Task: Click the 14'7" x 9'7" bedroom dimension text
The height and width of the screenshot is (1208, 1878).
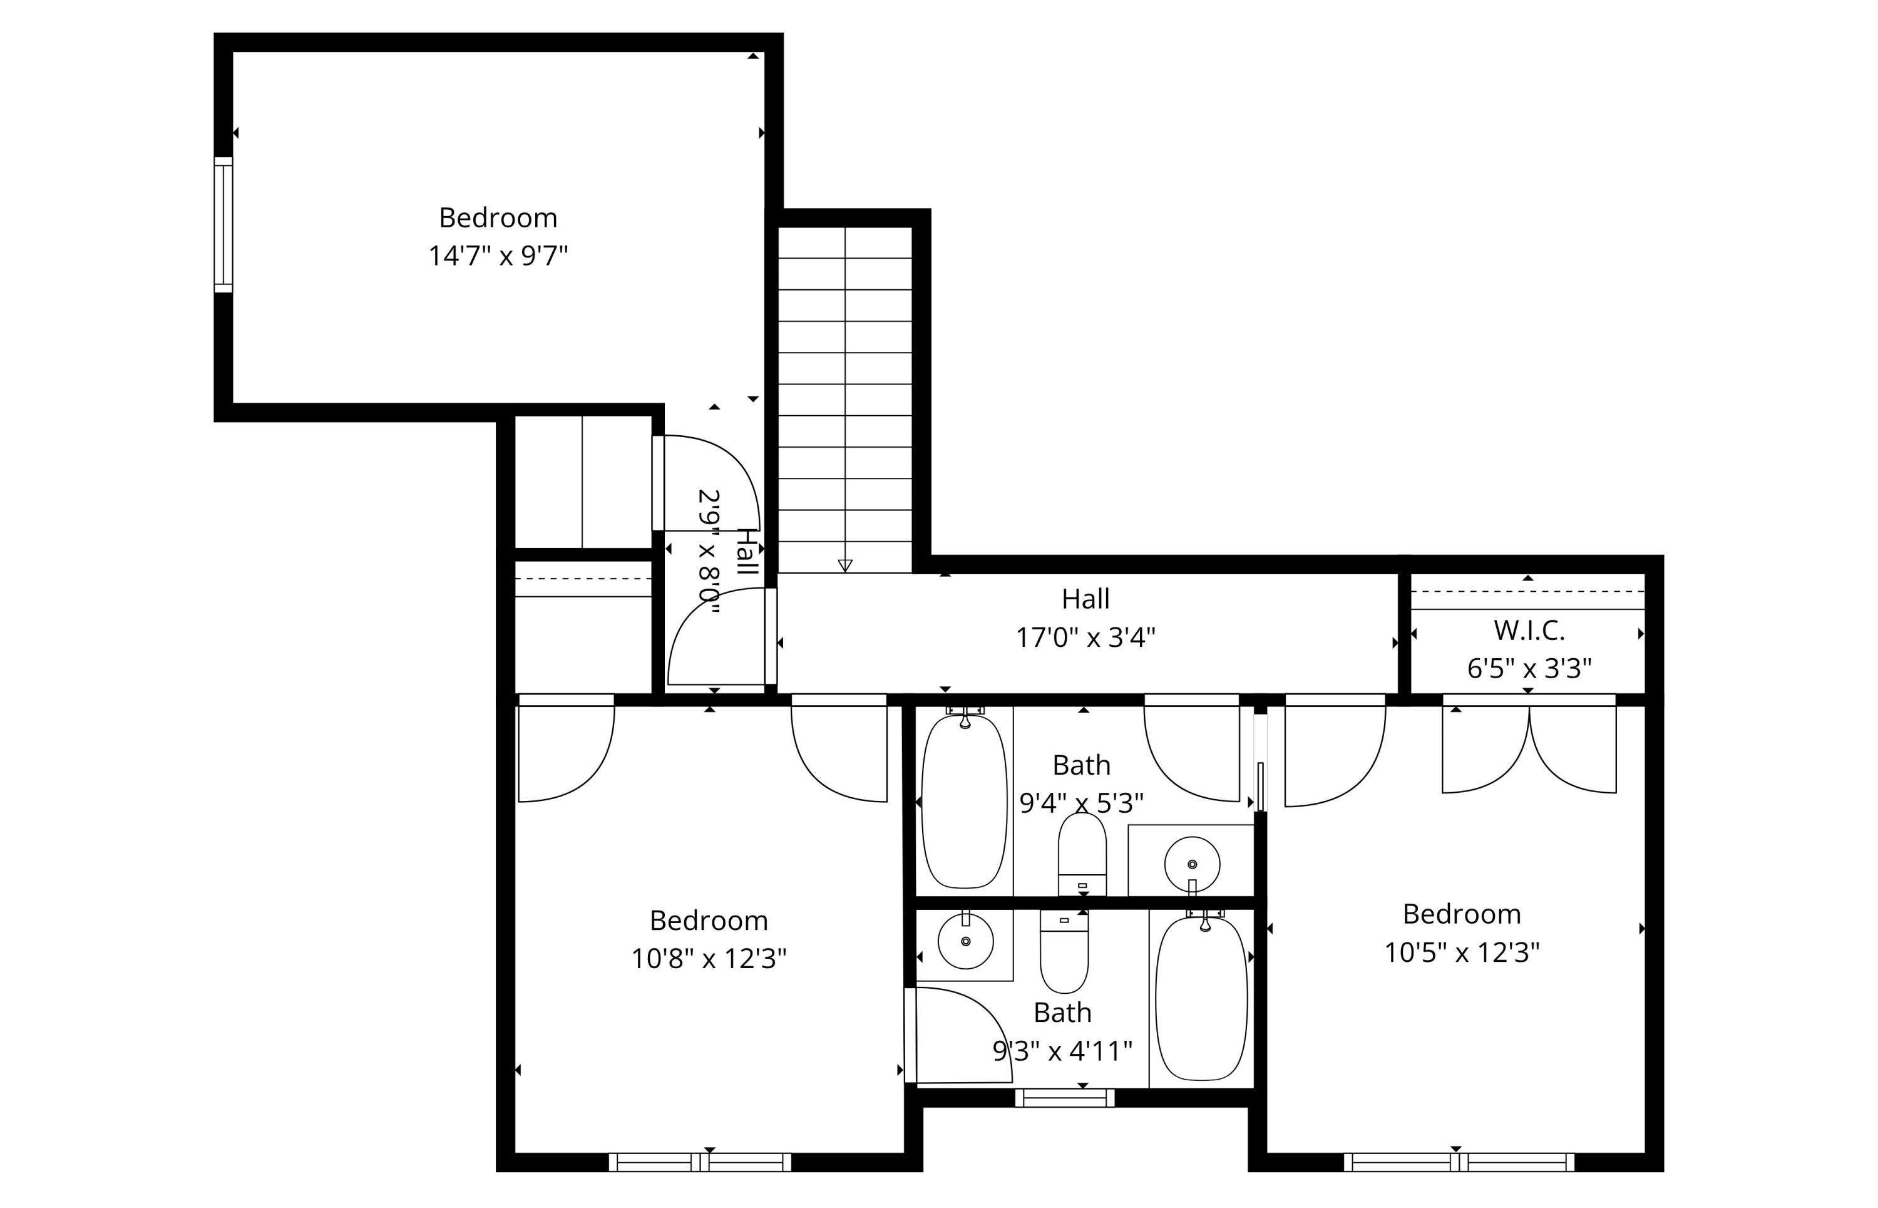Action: pos(497,256)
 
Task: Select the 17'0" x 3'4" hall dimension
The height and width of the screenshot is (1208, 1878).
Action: pos(1085,637)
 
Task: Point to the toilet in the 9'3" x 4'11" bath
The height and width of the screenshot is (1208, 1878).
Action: pos(1064,951)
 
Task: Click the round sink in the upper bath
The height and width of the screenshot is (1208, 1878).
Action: pos(1192,864)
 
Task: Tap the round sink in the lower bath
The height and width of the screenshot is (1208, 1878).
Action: pos(965,941)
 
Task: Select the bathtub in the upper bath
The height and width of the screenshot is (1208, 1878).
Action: pos(963,801)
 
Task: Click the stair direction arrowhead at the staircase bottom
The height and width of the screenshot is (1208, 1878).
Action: pos(844,565)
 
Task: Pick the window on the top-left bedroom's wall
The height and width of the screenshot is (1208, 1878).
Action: pos(223,224)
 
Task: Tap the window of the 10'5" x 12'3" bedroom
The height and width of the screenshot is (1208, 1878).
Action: pos(1459,1162)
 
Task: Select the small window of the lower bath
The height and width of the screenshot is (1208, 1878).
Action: pos(1064,1097)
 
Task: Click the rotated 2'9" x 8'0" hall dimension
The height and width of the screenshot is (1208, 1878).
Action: pos(709,552)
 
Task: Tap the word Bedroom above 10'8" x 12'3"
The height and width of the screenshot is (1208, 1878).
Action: pos(708,920)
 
